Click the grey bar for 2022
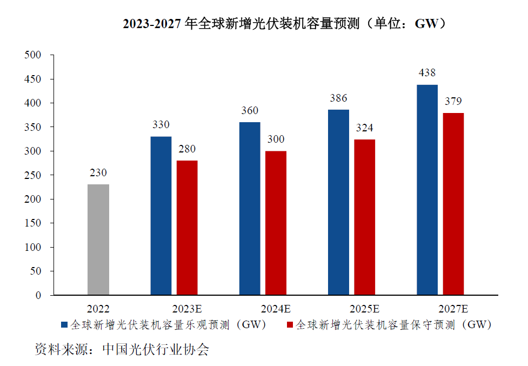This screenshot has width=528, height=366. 98,239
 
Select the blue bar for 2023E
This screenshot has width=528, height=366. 161,216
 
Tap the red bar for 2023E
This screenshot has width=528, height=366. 187,228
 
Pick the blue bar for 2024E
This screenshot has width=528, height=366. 250,209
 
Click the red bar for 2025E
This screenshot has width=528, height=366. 365,217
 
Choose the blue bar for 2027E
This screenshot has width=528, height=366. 427,190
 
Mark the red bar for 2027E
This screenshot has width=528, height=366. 453,204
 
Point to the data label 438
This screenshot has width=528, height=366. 427,73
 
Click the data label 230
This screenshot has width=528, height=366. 98,173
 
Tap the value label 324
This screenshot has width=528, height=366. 365,128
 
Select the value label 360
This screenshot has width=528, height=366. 250,111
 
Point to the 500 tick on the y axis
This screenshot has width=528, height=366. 33,55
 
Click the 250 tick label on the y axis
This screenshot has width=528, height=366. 33,175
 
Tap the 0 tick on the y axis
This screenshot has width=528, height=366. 38,296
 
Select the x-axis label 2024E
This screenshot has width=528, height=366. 276,309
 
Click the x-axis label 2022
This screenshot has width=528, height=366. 98,309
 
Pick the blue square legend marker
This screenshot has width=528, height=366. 64,325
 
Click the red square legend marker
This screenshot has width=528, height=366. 289,325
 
